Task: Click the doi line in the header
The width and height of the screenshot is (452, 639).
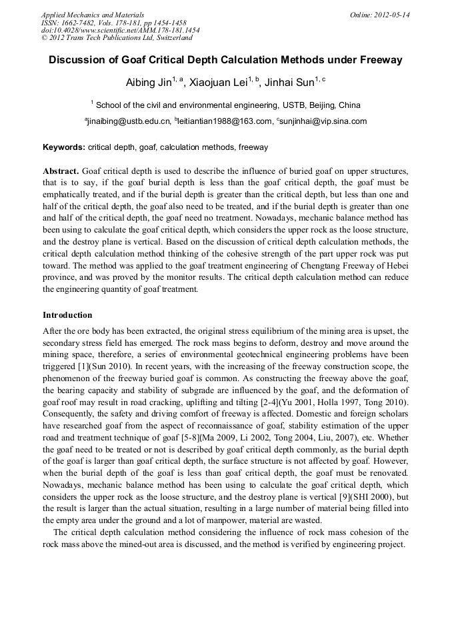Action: click(x=120, y=31)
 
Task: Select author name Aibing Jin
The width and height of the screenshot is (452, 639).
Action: click(x=149, y=83)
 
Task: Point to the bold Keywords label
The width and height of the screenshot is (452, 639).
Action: click(x=64, y=147)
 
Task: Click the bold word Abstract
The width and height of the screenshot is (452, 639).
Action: click(x=61, y=171)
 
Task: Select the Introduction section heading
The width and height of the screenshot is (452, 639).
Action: click(x=67, y=315)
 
